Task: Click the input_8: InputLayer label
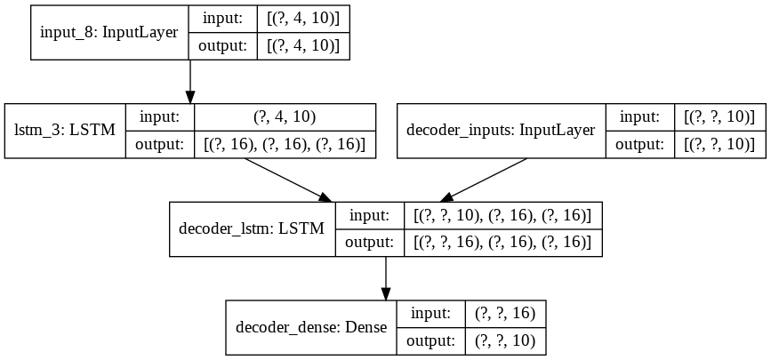tap(108, 33)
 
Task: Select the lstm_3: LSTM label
tap(65, 131)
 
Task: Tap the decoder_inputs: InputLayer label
tap(500, 131)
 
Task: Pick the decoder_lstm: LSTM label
tap(252, 228)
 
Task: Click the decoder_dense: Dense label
tap(311, 326)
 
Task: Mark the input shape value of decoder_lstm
tap(503, 215)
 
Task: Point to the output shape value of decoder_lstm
tap(503, 242)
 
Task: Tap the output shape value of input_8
tap(304, 46)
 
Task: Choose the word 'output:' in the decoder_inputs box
tap(633, 144)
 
